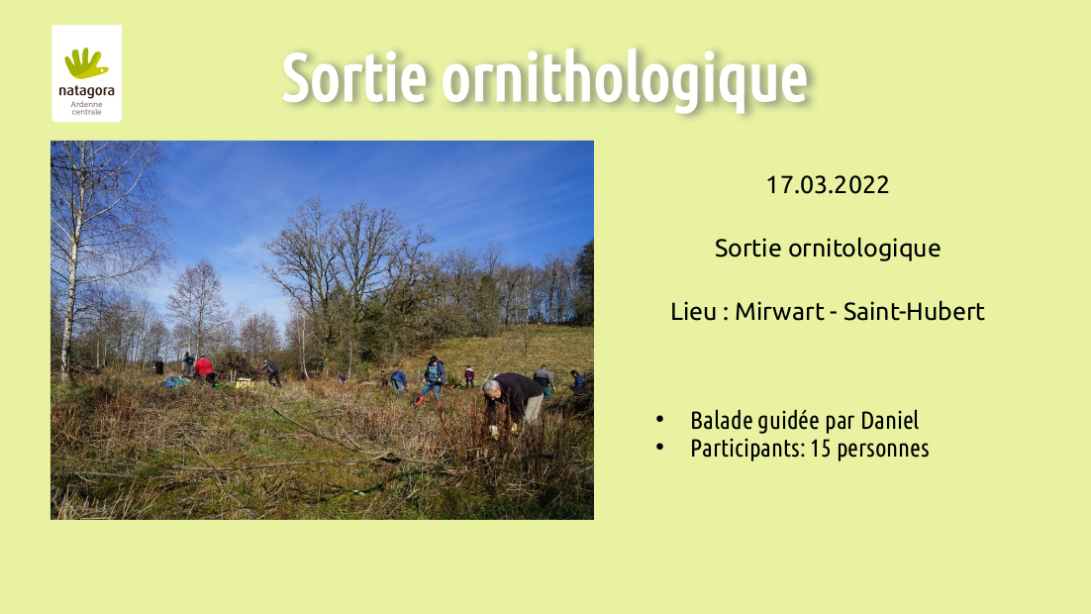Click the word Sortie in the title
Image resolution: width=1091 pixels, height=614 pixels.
pos(354,78)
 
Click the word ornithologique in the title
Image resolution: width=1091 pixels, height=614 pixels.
pos(624,81)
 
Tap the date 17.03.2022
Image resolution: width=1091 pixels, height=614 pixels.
pos(828,185)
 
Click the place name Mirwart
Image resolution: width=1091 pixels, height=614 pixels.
pos(779,311)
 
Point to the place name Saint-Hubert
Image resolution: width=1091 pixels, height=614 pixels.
pos(914,311)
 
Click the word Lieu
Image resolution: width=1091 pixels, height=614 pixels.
pos(693,311)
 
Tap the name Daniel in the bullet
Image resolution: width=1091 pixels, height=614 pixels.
pos(889,421)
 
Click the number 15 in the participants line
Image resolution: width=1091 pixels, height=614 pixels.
pos(821,449)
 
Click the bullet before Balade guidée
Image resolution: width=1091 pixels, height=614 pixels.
pos(659,419)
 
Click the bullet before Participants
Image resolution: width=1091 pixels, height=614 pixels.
pos(659,447)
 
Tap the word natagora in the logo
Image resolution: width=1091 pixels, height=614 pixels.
pos(86,91)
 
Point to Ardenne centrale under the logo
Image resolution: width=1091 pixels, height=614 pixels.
pos(86,108)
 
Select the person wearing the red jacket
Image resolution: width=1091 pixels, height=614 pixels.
pos(205,369)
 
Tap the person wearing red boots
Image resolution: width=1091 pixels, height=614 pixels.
pos(432,381)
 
